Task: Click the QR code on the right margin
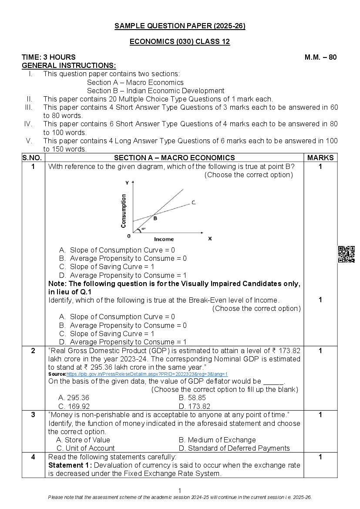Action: point(346,254)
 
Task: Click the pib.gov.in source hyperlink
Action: point(147,374)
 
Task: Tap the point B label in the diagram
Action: point(155,219)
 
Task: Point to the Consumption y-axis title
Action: point(124,211)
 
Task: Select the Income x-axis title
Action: point(164,239)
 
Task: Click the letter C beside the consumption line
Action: point(193,202)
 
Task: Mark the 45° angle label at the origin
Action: point(143,229)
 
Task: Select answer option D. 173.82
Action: point(194,406)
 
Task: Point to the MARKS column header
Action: point(320,158)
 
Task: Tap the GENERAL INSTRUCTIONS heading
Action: point(69,65)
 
